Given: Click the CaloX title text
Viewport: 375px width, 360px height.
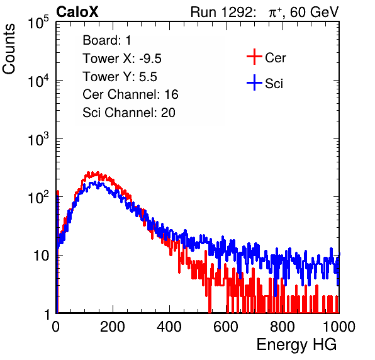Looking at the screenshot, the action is point(77,12).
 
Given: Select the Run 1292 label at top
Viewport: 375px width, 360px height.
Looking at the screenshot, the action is point(222,12).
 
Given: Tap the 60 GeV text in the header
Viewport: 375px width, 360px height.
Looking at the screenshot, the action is point(314,12).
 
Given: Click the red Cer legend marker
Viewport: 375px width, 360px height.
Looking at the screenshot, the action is point(254,57).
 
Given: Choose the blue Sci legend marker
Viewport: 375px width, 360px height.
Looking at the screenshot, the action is point(254,82).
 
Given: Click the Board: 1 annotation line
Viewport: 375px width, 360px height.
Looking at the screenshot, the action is point(107,40).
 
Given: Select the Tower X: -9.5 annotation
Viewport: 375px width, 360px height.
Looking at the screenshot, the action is point(122,59).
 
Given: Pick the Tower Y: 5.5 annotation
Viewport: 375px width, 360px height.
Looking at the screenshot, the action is point(120,77).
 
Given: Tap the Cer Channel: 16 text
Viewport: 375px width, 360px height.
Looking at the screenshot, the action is point(130,94).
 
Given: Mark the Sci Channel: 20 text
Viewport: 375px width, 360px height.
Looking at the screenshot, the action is point(129,113).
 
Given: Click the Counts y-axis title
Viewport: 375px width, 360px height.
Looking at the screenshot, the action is point(9,49).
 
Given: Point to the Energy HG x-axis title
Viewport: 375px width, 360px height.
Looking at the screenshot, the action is point(296,345).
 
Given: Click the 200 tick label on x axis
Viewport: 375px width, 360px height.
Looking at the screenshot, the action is point(113,327).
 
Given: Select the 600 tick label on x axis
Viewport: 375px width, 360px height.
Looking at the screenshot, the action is point(226,327).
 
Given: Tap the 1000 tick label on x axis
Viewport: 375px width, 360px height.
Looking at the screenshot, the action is point(339,327).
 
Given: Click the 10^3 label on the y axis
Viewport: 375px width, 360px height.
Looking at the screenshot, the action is point(38,139).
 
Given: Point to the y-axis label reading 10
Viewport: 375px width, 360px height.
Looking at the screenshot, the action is point(41,256).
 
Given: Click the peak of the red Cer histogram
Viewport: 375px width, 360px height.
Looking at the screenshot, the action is point(89,172).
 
